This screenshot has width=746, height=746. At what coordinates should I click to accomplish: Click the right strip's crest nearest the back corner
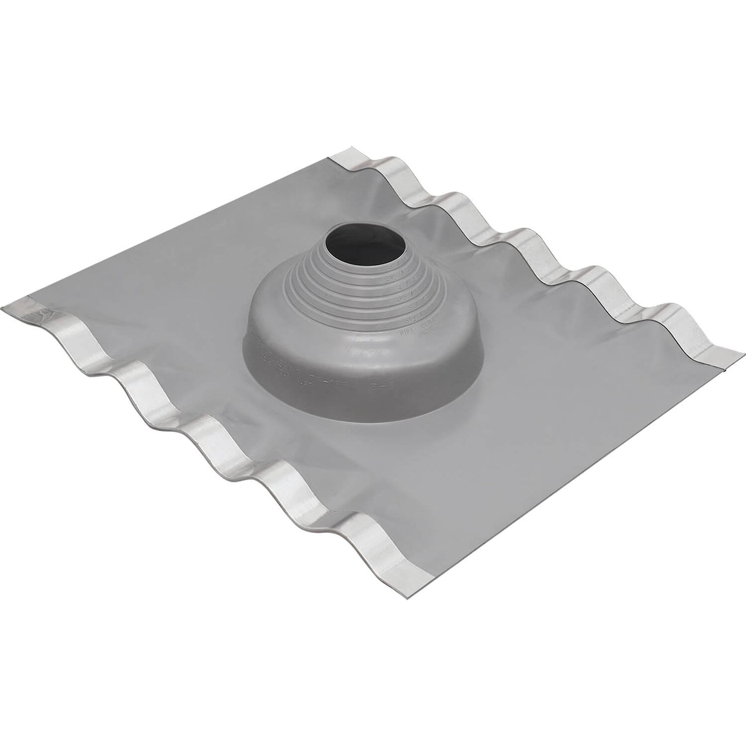449,196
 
